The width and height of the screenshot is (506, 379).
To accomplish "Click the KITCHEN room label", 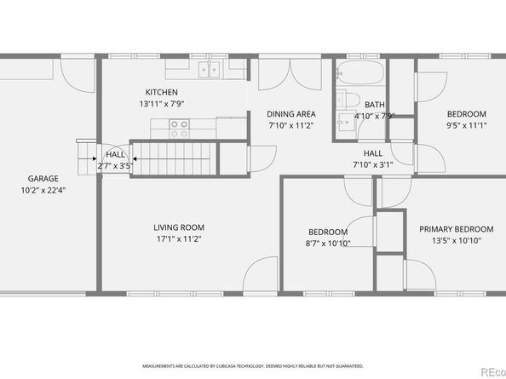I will pos(161,92).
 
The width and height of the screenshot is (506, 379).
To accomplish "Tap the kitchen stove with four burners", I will pos(179,129).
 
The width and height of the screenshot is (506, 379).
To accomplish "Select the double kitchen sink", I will pos(209,70).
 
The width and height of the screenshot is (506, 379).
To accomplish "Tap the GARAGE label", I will pos(43,179).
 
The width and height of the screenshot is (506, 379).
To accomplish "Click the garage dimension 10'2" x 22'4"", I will pos(43,190).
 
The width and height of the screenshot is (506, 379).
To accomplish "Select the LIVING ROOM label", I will pos(179,227).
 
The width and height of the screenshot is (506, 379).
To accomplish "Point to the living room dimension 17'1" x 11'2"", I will pos(179,238).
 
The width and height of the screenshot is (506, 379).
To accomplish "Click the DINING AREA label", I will pos(291,114).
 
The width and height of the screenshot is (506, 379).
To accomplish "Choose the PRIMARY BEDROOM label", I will pos(456,229).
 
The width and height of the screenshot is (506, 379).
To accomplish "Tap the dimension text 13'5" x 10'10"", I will pos(456,240).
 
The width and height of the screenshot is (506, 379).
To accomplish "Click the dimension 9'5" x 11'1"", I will pos(466,125).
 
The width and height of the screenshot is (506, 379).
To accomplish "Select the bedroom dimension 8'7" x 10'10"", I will pos(327,244).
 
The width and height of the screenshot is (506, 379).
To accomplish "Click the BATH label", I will pos(375,105).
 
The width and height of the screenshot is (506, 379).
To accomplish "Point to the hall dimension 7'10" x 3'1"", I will pos(372,164).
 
